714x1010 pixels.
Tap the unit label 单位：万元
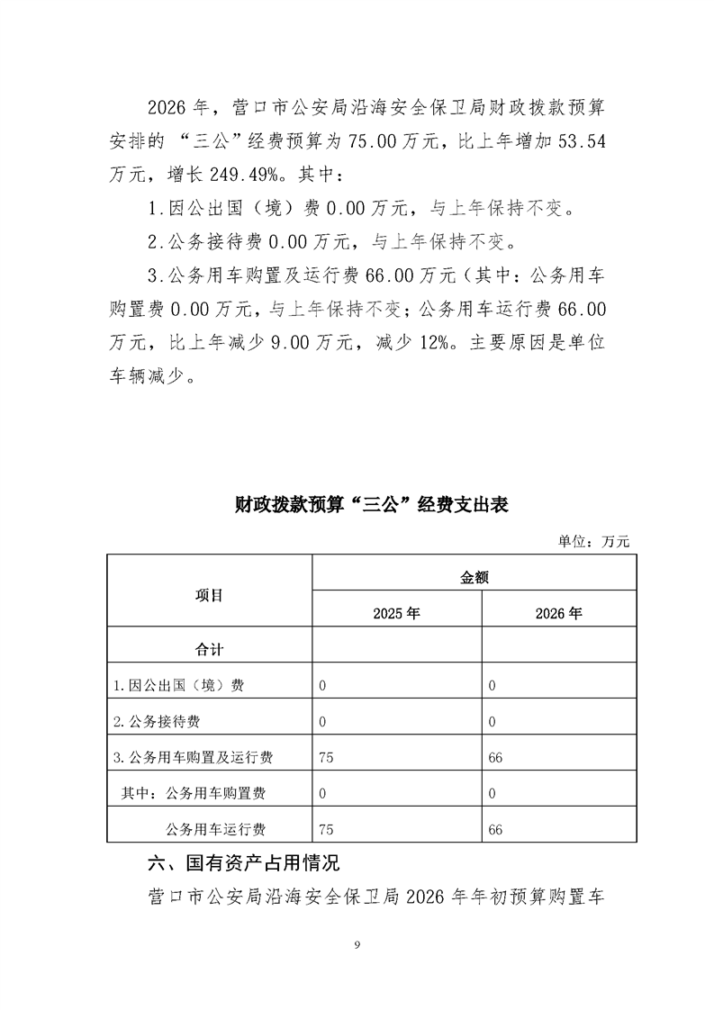(593, 541)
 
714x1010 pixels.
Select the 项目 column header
(209, 595)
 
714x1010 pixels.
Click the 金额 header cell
(474, 579)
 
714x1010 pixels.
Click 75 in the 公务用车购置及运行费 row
(326, 758)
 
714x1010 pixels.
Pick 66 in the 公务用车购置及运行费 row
(495, 758)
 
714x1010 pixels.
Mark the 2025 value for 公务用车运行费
(326, 829)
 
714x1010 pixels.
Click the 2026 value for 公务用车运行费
(495, 829)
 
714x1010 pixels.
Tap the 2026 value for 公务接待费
(493, 722)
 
